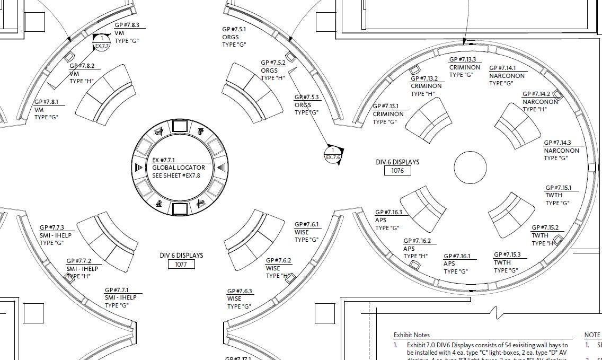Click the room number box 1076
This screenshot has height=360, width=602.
click(x=397, y=171)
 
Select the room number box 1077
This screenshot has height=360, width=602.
click(x=181, y=264)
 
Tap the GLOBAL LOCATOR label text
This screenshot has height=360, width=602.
click(x=178, y=168)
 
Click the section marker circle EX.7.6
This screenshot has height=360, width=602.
click(x=333, y=154)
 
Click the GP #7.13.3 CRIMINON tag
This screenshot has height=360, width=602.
click(x=464, y=67)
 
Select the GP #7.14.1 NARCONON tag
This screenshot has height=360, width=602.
click(x=507, y=76)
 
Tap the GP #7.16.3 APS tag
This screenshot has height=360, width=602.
click(x=388, y=220)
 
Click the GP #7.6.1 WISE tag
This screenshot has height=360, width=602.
click(x=307, y=232)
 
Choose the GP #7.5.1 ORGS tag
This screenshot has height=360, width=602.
click(x=234, y=37)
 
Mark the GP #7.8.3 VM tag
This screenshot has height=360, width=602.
click(x=127, y=33)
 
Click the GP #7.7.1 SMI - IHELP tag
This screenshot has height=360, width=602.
click(x=120, y=297)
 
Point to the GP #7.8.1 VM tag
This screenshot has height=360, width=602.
click(x=47, y=109)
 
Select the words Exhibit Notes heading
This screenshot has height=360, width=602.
click(x=412, y=335)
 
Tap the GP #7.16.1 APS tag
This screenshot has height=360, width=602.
click(x=457, y=264)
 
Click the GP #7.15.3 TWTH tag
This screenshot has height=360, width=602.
click(x=507, y=262)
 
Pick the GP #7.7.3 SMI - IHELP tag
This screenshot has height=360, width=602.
click(x=55, y=235)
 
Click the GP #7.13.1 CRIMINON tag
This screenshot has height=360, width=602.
click(x=388, y=114)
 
